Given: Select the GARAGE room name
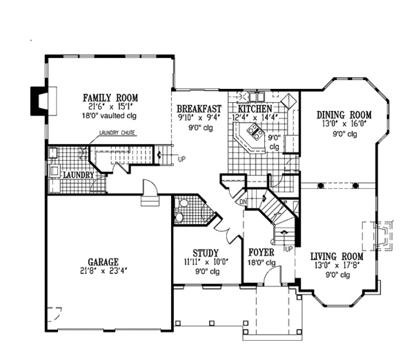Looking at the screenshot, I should (x=103, y=262).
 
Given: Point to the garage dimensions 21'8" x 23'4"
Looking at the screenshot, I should (x=103, y=272).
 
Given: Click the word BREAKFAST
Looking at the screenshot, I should (x=199, y=109).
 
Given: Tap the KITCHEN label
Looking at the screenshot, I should (x=255, y=109).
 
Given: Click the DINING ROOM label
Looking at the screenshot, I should (x=344, y=114).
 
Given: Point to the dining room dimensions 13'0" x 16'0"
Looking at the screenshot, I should (x=344, y=124).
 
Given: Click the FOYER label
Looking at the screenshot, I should (x=262, y=252).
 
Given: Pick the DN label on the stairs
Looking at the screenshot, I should (x=243, y=202).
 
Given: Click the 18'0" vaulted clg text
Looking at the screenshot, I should (x=108, y=116).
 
